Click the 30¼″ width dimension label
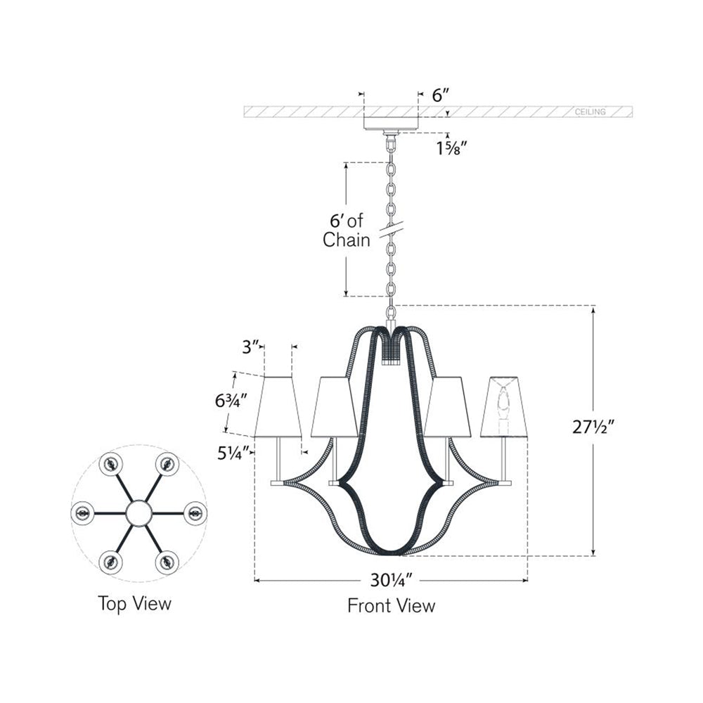point(392,581)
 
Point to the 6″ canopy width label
point(441,95)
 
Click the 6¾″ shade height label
point(231,401)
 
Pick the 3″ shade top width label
point(251,347)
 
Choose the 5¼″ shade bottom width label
point(233,453)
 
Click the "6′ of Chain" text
point(347,231)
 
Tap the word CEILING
point(590,112)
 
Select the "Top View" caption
point(134,603)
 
